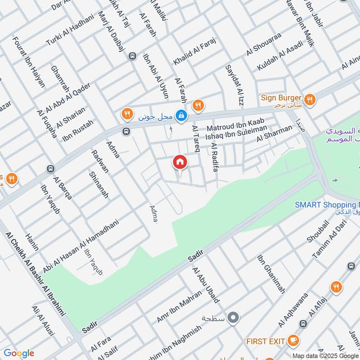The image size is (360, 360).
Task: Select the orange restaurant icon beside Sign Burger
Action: [309, 99]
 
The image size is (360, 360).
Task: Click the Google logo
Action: [19, 353]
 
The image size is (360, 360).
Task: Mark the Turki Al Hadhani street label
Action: [70, 30]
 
